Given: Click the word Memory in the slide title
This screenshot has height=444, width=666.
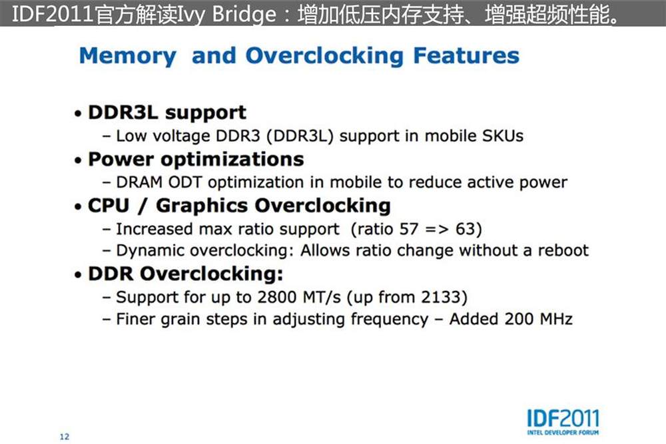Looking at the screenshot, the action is point(127,57).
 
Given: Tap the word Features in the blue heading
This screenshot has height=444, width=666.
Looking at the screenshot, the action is point(466,55).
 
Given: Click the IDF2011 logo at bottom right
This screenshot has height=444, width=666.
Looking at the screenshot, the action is point(563,421).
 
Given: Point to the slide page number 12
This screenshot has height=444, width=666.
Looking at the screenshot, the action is point(64,437).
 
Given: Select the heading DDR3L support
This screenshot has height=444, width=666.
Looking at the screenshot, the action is point(167,113).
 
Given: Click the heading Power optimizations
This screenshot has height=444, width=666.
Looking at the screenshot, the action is point(196,160).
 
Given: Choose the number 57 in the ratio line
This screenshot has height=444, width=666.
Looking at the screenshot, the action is point(409,229).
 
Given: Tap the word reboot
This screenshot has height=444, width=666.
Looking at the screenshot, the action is point(563,250).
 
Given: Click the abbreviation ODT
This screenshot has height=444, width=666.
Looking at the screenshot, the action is point(184,182).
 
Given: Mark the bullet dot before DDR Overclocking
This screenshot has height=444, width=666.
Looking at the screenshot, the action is point(78,275).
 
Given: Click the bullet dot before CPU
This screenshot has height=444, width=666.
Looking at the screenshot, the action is point(78,207).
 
